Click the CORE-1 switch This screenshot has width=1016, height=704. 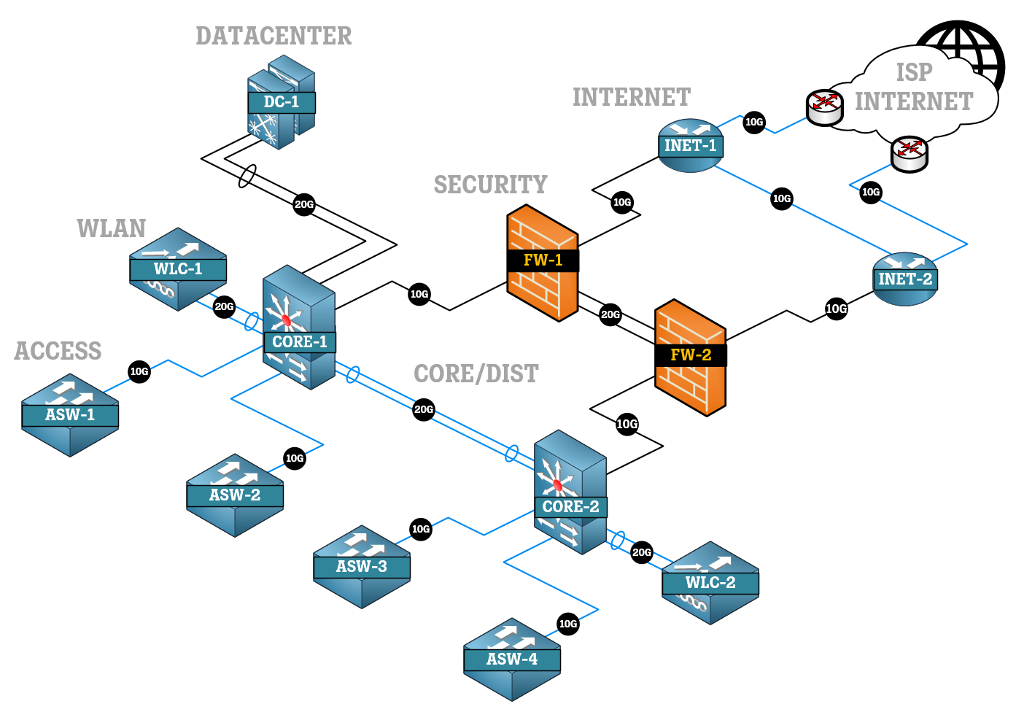[x=299, y=328]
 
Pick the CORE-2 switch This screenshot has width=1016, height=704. [x=570, y=493]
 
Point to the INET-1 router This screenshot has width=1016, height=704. [x=690, y=146]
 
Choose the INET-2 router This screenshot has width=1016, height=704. [x=904, y=279]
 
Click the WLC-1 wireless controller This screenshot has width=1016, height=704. [x=178, y=268]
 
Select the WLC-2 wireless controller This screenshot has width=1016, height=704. [x=710, y=582]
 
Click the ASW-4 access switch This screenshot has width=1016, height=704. [x=512, y=659]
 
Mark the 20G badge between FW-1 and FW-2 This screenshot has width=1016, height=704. [x=610, y=315]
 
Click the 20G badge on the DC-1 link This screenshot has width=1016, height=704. [x=304, y=204]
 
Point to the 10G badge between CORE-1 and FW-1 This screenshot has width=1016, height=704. [x=419, y=295]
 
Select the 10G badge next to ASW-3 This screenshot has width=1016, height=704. [x=421, y=530]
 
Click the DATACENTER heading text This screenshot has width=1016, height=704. [x=274, y=36]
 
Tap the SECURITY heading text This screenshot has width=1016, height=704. [x=490, y=185]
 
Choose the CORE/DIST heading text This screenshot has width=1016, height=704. [x=476, y=374]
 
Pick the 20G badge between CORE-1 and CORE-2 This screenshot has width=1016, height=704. [x=424, y=409]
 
